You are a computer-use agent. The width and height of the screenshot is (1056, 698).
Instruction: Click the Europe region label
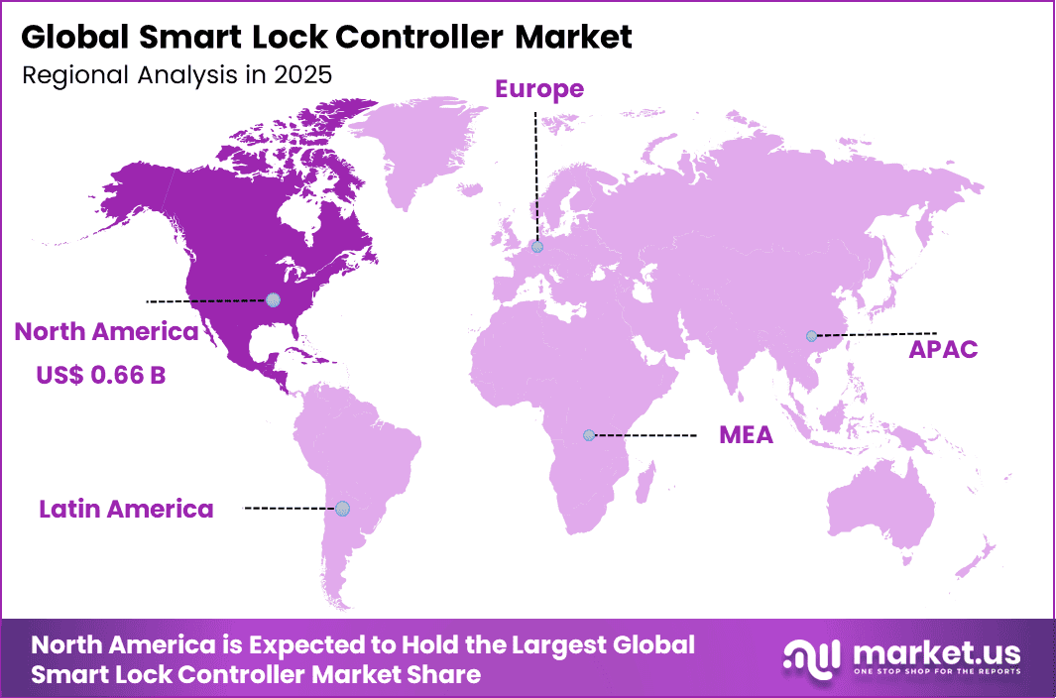[x=539, y=89]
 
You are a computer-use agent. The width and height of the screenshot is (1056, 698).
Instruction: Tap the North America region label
[x=106, y=332]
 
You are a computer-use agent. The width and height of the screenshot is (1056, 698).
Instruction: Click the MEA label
[x=746, y=435]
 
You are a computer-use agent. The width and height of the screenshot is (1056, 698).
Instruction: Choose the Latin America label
[x=126, y=510]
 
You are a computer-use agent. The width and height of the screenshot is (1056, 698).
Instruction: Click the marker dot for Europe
[x=536, y=247]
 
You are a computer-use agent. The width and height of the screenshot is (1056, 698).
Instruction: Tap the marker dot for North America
[x=273, y=299]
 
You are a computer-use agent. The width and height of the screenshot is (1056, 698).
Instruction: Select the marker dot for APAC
[x=811, y=335]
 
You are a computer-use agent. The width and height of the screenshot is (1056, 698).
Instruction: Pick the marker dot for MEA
[x=589, y=434]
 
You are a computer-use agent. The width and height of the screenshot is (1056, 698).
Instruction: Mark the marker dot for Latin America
[x=342, y=508]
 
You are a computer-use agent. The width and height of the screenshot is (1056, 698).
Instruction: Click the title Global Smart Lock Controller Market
[x=326, y=38]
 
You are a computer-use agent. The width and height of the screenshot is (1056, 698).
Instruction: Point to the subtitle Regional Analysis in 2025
[x=176, y=75]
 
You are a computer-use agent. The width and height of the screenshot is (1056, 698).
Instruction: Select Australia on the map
[x=882, y=506]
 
